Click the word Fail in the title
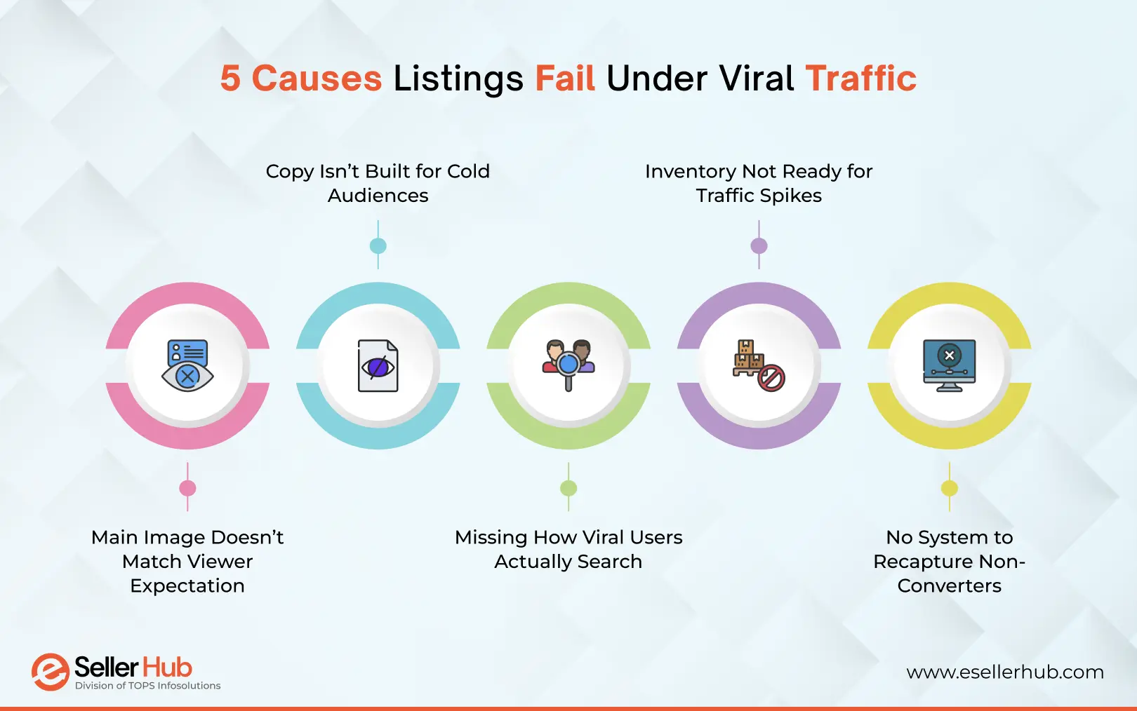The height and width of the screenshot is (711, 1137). click(x=565, y=79)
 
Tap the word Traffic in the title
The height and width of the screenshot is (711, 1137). click(x=860, y=79)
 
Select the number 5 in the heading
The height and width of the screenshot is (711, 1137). click(x=230, y=79)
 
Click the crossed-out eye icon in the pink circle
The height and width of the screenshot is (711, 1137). click(x=187, y=365)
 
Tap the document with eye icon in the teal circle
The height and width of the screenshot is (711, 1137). click(x=378, y=365)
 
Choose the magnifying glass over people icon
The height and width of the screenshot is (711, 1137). click(x=568, y=365)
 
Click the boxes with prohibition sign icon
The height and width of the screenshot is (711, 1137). click(x=759, y=365)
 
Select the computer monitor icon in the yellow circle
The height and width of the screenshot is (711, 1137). click(x=949, y=365)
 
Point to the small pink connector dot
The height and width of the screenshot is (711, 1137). click(x=187, y=488)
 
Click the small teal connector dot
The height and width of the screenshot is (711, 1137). click(x=378, y=246)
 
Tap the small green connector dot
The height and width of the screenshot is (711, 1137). click(x=568, y=488)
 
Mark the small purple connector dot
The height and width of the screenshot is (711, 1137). click(x=759, y=246)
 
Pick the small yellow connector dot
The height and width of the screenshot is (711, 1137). click(x=949, y=488)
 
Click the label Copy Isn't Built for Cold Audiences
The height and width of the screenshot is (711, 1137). click(x=378, y=183)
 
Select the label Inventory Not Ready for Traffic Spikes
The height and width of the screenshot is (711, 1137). click(x=759, y=183)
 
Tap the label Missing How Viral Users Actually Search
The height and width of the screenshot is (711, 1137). click(x=568, y=549)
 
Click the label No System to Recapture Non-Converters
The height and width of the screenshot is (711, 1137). click(x=949, y=561)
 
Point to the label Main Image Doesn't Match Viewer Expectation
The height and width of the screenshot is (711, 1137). click(x=187, y=561)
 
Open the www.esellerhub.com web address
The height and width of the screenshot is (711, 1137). click(x=1004, y=672)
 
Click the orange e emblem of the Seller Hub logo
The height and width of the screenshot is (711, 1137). click(x=50, y=672)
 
